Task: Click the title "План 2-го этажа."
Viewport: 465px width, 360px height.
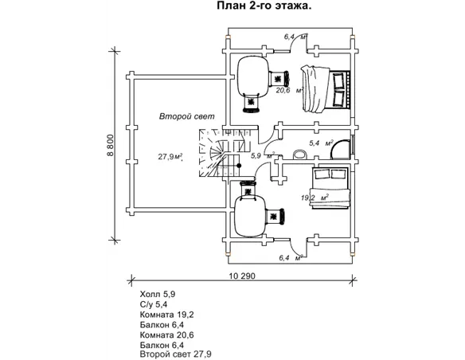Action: tap(264, 6)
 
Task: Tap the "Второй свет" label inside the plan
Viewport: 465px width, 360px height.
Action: tap(186, 116)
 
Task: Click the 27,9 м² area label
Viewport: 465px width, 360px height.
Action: tap(170, 156)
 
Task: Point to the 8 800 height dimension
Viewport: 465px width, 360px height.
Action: tap(111, 145)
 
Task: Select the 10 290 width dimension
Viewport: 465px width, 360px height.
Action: tap(242, 276)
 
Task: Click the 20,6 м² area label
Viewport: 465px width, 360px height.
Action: tap(289, 90)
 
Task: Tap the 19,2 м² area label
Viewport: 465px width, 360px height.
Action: tap(315, 198)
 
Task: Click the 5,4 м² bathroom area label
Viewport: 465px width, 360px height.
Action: tap(321, 143)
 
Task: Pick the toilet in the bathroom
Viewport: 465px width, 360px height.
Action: tap(299, 155)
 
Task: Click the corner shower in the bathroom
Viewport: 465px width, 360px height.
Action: tap(341, 149)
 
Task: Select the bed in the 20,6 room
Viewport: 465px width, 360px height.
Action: tap(326, 89)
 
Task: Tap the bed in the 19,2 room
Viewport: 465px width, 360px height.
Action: tap(330, 188)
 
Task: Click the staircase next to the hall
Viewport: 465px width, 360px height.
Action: tap(221, 153)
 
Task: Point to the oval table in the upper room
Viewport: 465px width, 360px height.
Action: tap(253, 75)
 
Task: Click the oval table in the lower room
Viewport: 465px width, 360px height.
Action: tap(250, 217)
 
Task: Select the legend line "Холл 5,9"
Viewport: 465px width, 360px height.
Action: tap(158, 294)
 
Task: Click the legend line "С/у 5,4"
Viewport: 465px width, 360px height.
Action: tap(154, 304)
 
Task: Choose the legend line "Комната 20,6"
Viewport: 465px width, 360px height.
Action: tap(166, 335)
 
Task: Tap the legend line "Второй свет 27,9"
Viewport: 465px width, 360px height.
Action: tap(175, 354)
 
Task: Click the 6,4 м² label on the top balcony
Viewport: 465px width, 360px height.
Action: tap(295, 37)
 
